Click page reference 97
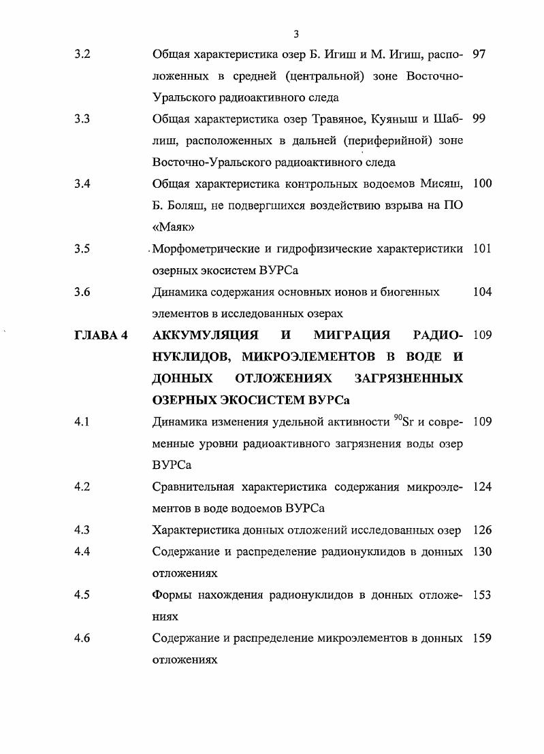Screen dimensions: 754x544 479,54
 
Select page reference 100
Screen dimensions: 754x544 481,184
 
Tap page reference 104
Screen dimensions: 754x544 481,292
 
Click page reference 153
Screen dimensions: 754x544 481,595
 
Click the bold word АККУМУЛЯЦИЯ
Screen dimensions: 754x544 204,335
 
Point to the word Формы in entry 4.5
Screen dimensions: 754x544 174,595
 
